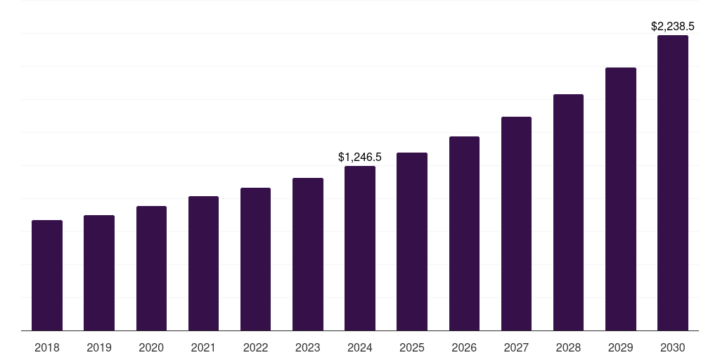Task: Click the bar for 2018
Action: [47, 276]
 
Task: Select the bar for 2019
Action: [99, 273]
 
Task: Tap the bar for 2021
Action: [203, 264]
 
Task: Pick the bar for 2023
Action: [308, 255]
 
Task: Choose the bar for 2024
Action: [360, 248]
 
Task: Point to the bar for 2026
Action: [464, 233]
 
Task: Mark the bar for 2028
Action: [568, 212]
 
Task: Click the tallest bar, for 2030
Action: [673, 183]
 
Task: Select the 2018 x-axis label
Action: [47, 347]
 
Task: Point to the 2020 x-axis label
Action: [151, 347]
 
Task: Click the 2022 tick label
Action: [255, 347]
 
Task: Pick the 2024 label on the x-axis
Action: [360, 347]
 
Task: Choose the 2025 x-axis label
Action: [412, 347]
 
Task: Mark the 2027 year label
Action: [516, 347]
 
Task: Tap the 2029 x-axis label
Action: [620, 347]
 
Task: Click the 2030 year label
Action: [673, 347]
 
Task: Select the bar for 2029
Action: [620, 199]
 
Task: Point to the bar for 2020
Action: [151, 269]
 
